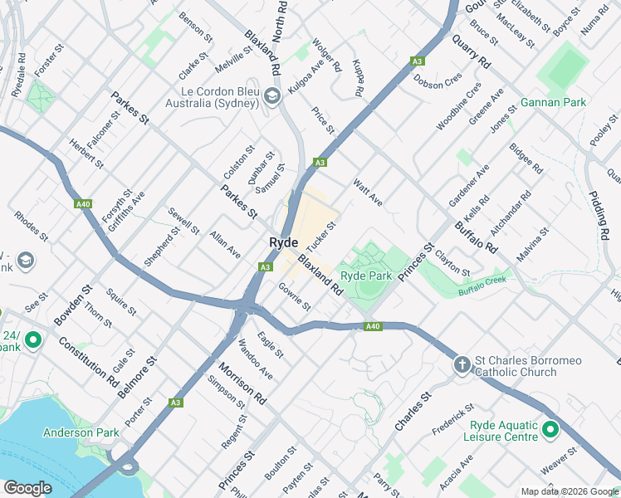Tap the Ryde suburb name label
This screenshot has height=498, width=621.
tap(283, 242)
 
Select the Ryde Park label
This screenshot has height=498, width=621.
tap(366, 275)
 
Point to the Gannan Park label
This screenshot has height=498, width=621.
tap(553, 102)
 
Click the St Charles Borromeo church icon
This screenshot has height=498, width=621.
tap(462, 364)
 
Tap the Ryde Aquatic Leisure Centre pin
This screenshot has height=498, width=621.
tap(550, 429)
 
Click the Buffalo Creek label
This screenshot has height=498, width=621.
tap(482, 287)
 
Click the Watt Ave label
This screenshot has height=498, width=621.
tap(367, 193)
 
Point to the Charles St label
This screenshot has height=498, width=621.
tap(414, 411)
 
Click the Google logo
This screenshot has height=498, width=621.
tap(27, 488)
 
